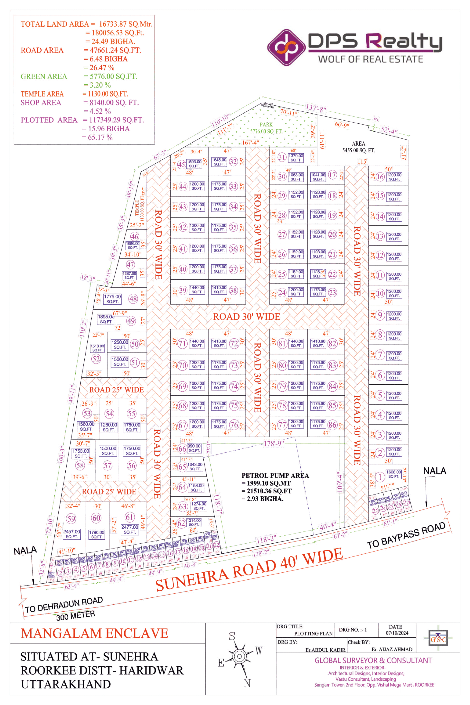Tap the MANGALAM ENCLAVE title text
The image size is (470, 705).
coord(94,633)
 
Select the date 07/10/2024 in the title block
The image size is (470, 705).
coord(397,633)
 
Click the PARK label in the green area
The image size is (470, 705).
coord(266,124)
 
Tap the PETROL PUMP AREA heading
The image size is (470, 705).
coord(275,475)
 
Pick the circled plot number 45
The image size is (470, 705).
coord(181,164)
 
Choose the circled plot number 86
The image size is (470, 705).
coord(332,425)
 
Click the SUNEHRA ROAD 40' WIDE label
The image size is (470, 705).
coord(249,569)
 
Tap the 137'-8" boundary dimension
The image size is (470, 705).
coord(316,107)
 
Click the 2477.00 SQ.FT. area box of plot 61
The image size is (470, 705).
coord(130,529)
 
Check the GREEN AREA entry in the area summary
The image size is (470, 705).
coord(44,76)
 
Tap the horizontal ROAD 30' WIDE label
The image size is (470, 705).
coord(246,316)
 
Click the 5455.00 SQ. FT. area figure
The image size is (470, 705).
coord(359,150)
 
